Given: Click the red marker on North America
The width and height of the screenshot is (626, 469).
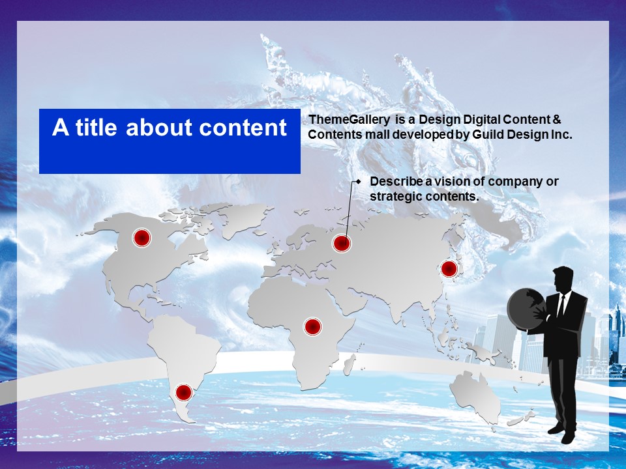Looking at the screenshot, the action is (142, 238).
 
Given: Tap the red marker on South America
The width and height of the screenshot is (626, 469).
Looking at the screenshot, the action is (184, 392).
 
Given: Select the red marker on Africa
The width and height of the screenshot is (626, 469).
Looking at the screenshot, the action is (312, 326).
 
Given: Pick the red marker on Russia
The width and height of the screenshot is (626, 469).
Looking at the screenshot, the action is (341, 243).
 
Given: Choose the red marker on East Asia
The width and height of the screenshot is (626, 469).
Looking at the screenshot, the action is (449, 269).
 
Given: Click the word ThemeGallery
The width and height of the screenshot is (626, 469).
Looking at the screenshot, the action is (350, 120).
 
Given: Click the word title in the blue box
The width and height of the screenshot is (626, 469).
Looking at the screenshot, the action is (97, 127).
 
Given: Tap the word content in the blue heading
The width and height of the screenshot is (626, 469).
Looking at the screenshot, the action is (243, 128).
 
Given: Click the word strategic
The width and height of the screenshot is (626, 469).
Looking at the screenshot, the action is (396, 197).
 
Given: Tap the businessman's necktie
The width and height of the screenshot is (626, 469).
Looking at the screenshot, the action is (561, 305).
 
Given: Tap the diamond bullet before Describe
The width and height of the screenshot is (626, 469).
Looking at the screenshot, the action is (359, 182).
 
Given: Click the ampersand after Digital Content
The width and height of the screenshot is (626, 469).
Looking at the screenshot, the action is (557, 119).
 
